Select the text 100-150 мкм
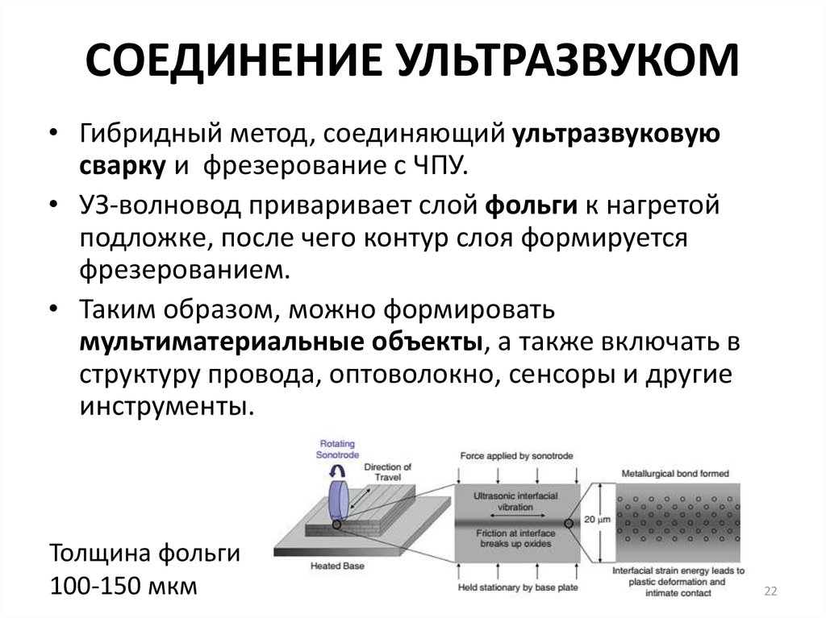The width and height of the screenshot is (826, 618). pos(123,585)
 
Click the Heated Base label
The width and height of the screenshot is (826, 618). pos(337,566)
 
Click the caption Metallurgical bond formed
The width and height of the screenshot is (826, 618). pos(676,473)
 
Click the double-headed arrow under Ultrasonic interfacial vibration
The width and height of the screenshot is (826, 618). pos(516,520)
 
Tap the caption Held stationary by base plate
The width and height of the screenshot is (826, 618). pos(517,587)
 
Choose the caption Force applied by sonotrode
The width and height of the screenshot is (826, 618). pos(517,456)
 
